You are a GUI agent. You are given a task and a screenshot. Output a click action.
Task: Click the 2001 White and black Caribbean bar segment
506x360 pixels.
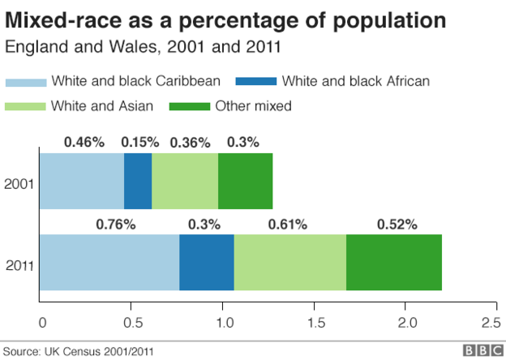click(x=81, y=181)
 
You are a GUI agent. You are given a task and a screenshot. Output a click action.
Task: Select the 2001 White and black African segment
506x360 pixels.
click(x=138, y=181)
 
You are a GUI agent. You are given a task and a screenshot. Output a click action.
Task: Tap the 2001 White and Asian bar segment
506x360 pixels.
click(x=185, y=181)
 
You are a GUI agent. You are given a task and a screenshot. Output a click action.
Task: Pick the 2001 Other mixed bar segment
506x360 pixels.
click(x=246, y=181)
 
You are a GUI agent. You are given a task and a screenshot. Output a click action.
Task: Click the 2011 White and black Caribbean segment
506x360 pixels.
click(x=109, y=262)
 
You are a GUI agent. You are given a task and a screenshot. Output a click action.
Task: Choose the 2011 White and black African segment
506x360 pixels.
click(x=207, y=262)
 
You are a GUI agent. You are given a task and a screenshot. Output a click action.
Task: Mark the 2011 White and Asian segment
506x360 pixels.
click(x=290, y=262)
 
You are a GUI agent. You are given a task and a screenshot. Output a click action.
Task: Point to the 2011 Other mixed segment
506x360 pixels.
click(x=394, y=262)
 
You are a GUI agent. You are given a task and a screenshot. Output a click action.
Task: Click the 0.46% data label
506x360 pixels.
click(x=84, y=142)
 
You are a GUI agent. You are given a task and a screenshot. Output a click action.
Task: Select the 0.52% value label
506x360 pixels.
click(x=396, y=224)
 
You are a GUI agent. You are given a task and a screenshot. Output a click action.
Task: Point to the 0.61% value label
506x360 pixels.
click(x=289, y=224)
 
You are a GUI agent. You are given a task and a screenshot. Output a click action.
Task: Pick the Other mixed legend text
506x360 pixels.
click(x=252, y=105)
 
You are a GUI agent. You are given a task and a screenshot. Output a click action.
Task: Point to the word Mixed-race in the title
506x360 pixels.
click(x=64, y=19)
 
